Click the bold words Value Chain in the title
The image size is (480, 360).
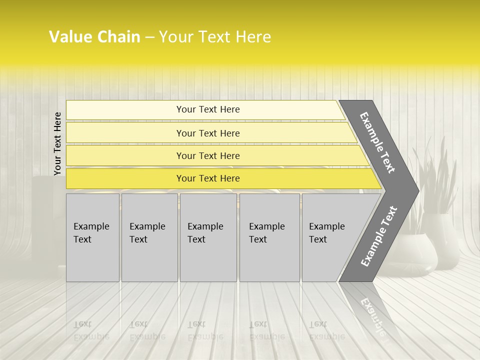(x=94, y=37)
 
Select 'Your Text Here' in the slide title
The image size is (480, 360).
(x=215, y=37)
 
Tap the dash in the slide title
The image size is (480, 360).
(x=149, y=37)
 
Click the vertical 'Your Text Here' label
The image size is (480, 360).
(x=57, y=143)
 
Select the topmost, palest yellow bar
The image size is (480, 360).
(x=207, y=109)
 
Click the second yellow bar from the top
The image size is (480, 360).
(x=207, y=133)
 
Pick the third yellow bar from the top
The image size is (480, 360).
(x=207, y=155)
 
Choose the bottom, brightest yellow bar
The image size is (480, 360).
(x=207, y=178)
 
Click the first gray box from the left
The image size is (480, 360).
(x=92, y=237)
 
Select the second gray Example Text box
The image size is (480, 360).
(x=149, y=237)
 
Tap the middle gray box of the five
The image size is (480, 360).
(x=207, y=237)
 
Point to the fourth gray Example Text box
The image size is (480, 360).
(x=269, y=237)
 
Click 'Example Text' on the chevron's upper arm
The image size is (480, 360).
(x=377, y=142)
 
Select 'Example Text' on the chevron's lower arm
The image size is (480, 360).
(x=379, y=236)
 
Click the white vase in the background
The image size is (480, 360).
(x=440, y=240)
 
